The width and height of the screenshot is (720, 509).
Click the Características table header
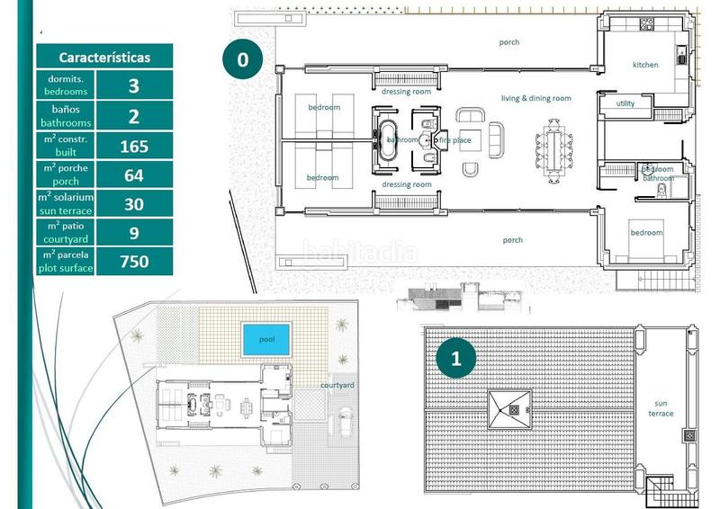[104, 57]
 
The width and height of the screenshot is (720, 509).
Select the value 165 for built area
[133, 146]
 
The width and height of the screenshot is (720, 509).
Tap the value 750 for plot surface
[133, 262]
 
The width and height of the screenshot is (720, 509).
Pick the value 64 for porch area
[133, 174]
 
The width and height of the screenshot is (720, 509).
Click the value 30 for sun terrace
[133, 204]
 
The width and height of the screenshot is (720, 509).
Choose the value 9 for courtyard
[133, 233]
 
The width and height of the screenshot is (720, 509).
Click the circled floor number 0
[241, 60]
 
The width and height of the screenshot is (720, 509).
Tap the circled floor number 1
[456, 359]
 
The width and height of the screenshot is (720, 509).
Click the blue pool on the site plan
[266, 339]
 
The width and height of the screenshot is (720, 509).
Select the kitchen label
[645, 65]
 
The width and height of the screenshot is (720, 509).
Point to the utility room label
[625, 103]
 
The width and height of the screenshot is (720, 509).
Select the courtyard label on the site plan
[337, 385]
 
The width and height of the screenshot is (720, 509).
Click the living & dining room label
[536, 98]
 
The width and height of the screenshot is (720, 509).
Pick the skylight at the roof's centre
[509, 408]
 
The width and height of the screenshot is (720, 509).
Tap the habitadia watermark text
[359, 253]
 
